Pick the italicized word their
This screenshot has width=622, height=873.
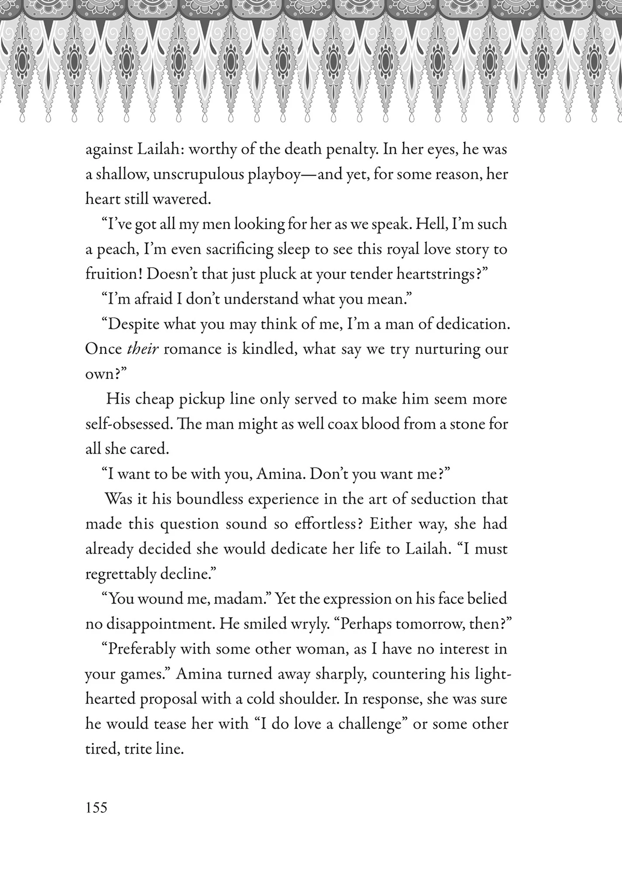click(x=142, y=349)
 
